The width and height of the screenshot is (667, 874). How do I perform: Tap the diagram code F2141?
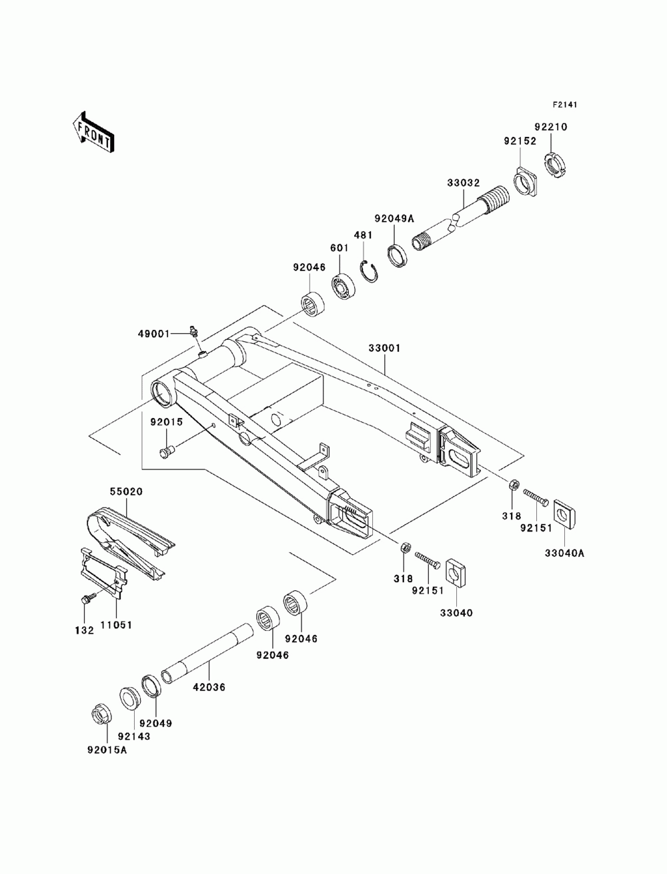click(x=564, y=105)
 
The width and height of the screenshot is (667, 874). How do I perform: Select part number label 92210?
click(x=550, y=127)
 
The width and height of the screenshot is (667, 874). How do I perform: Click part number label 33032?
click(x=464, y=183)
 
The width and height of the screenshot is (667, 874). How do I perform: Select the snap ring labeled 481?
click(x=369, y=272)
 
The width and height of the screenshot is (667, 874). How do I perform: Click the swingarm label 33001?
click(x=384, y=349)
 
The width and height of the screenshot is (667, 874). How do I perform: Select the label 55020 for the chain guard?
click(x=126, y=491)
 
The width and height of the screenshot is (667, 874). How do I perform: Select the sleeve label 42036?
click(x=209, y=687)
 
